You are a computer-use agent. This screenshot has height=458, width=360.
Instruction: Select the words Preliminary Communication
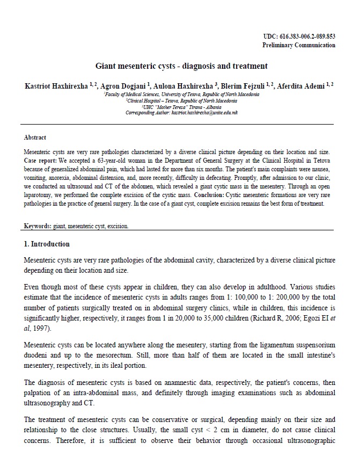pos(299,45)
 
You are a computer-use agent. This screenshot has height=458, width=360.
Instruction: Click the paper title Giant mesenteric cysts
pos(181,67)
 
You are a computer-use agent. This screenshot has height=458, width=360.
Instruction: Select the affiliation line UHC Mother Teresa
pos(181,107)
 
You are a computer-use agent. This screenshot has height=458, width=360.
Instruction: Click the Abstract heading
pos(35,138)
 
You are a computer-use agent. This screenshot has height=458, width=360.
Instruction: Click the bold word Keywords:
pos(40,226)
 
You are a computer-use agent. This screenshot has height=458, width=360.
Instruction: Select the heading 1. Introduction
pos(47,244)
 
